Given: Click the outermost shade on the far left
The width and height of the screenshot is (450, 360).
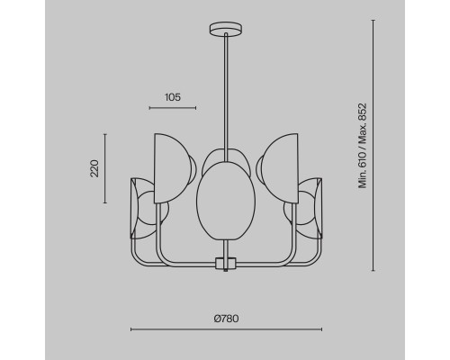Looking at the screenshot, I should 138,209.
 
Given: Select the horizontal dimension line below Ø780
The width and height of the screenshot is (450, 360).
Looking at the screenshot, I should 225,329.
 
